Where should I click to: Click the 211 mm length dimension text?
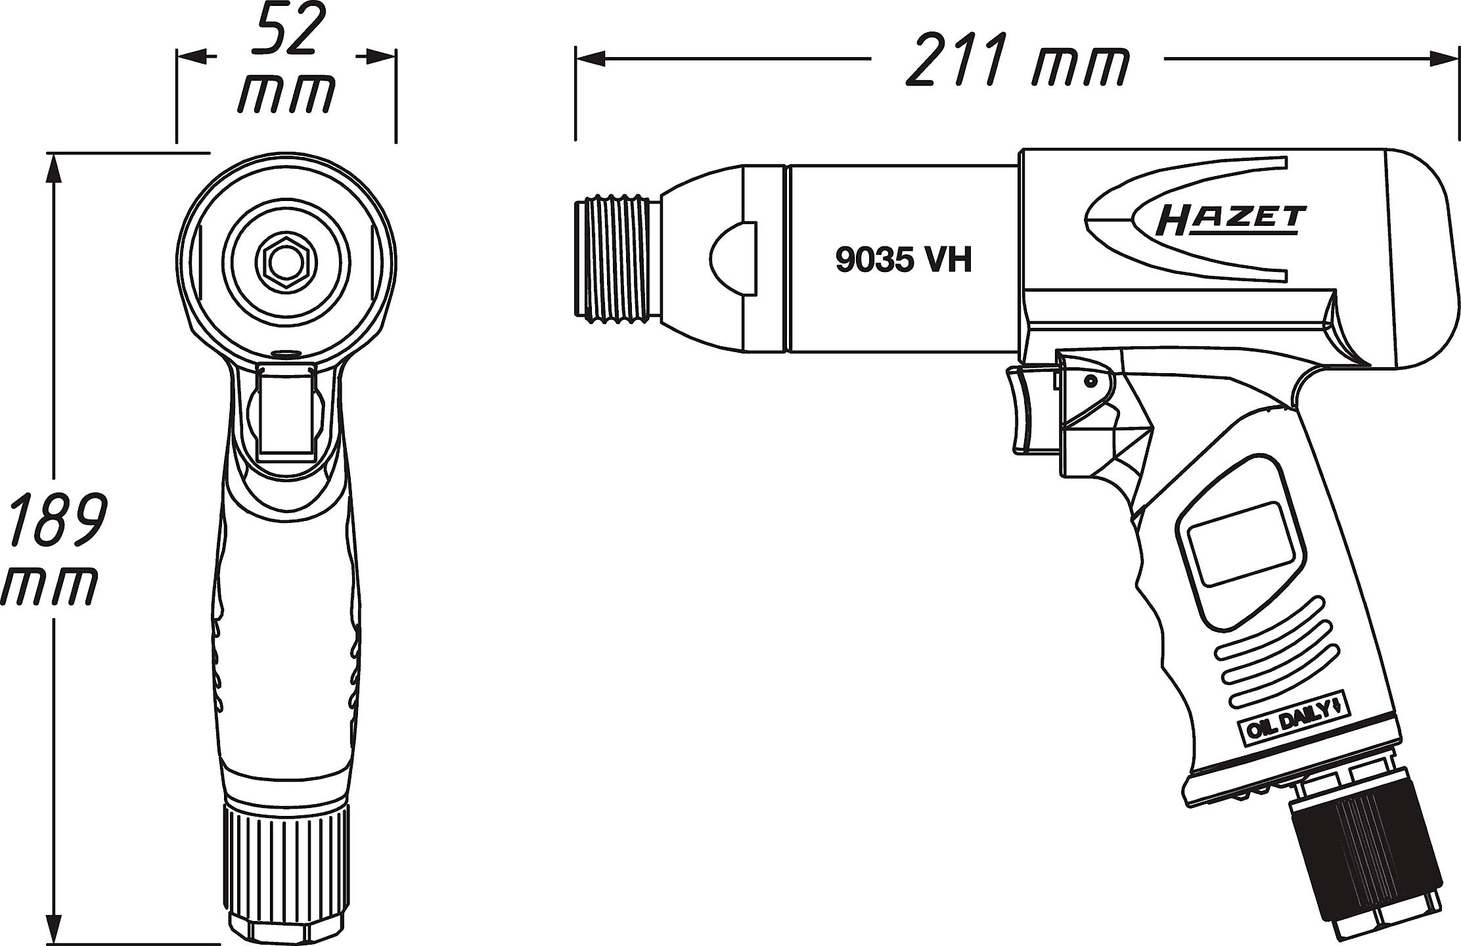tap(1017, 60)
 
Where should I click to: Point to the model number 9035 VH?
tap(904, 260)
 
